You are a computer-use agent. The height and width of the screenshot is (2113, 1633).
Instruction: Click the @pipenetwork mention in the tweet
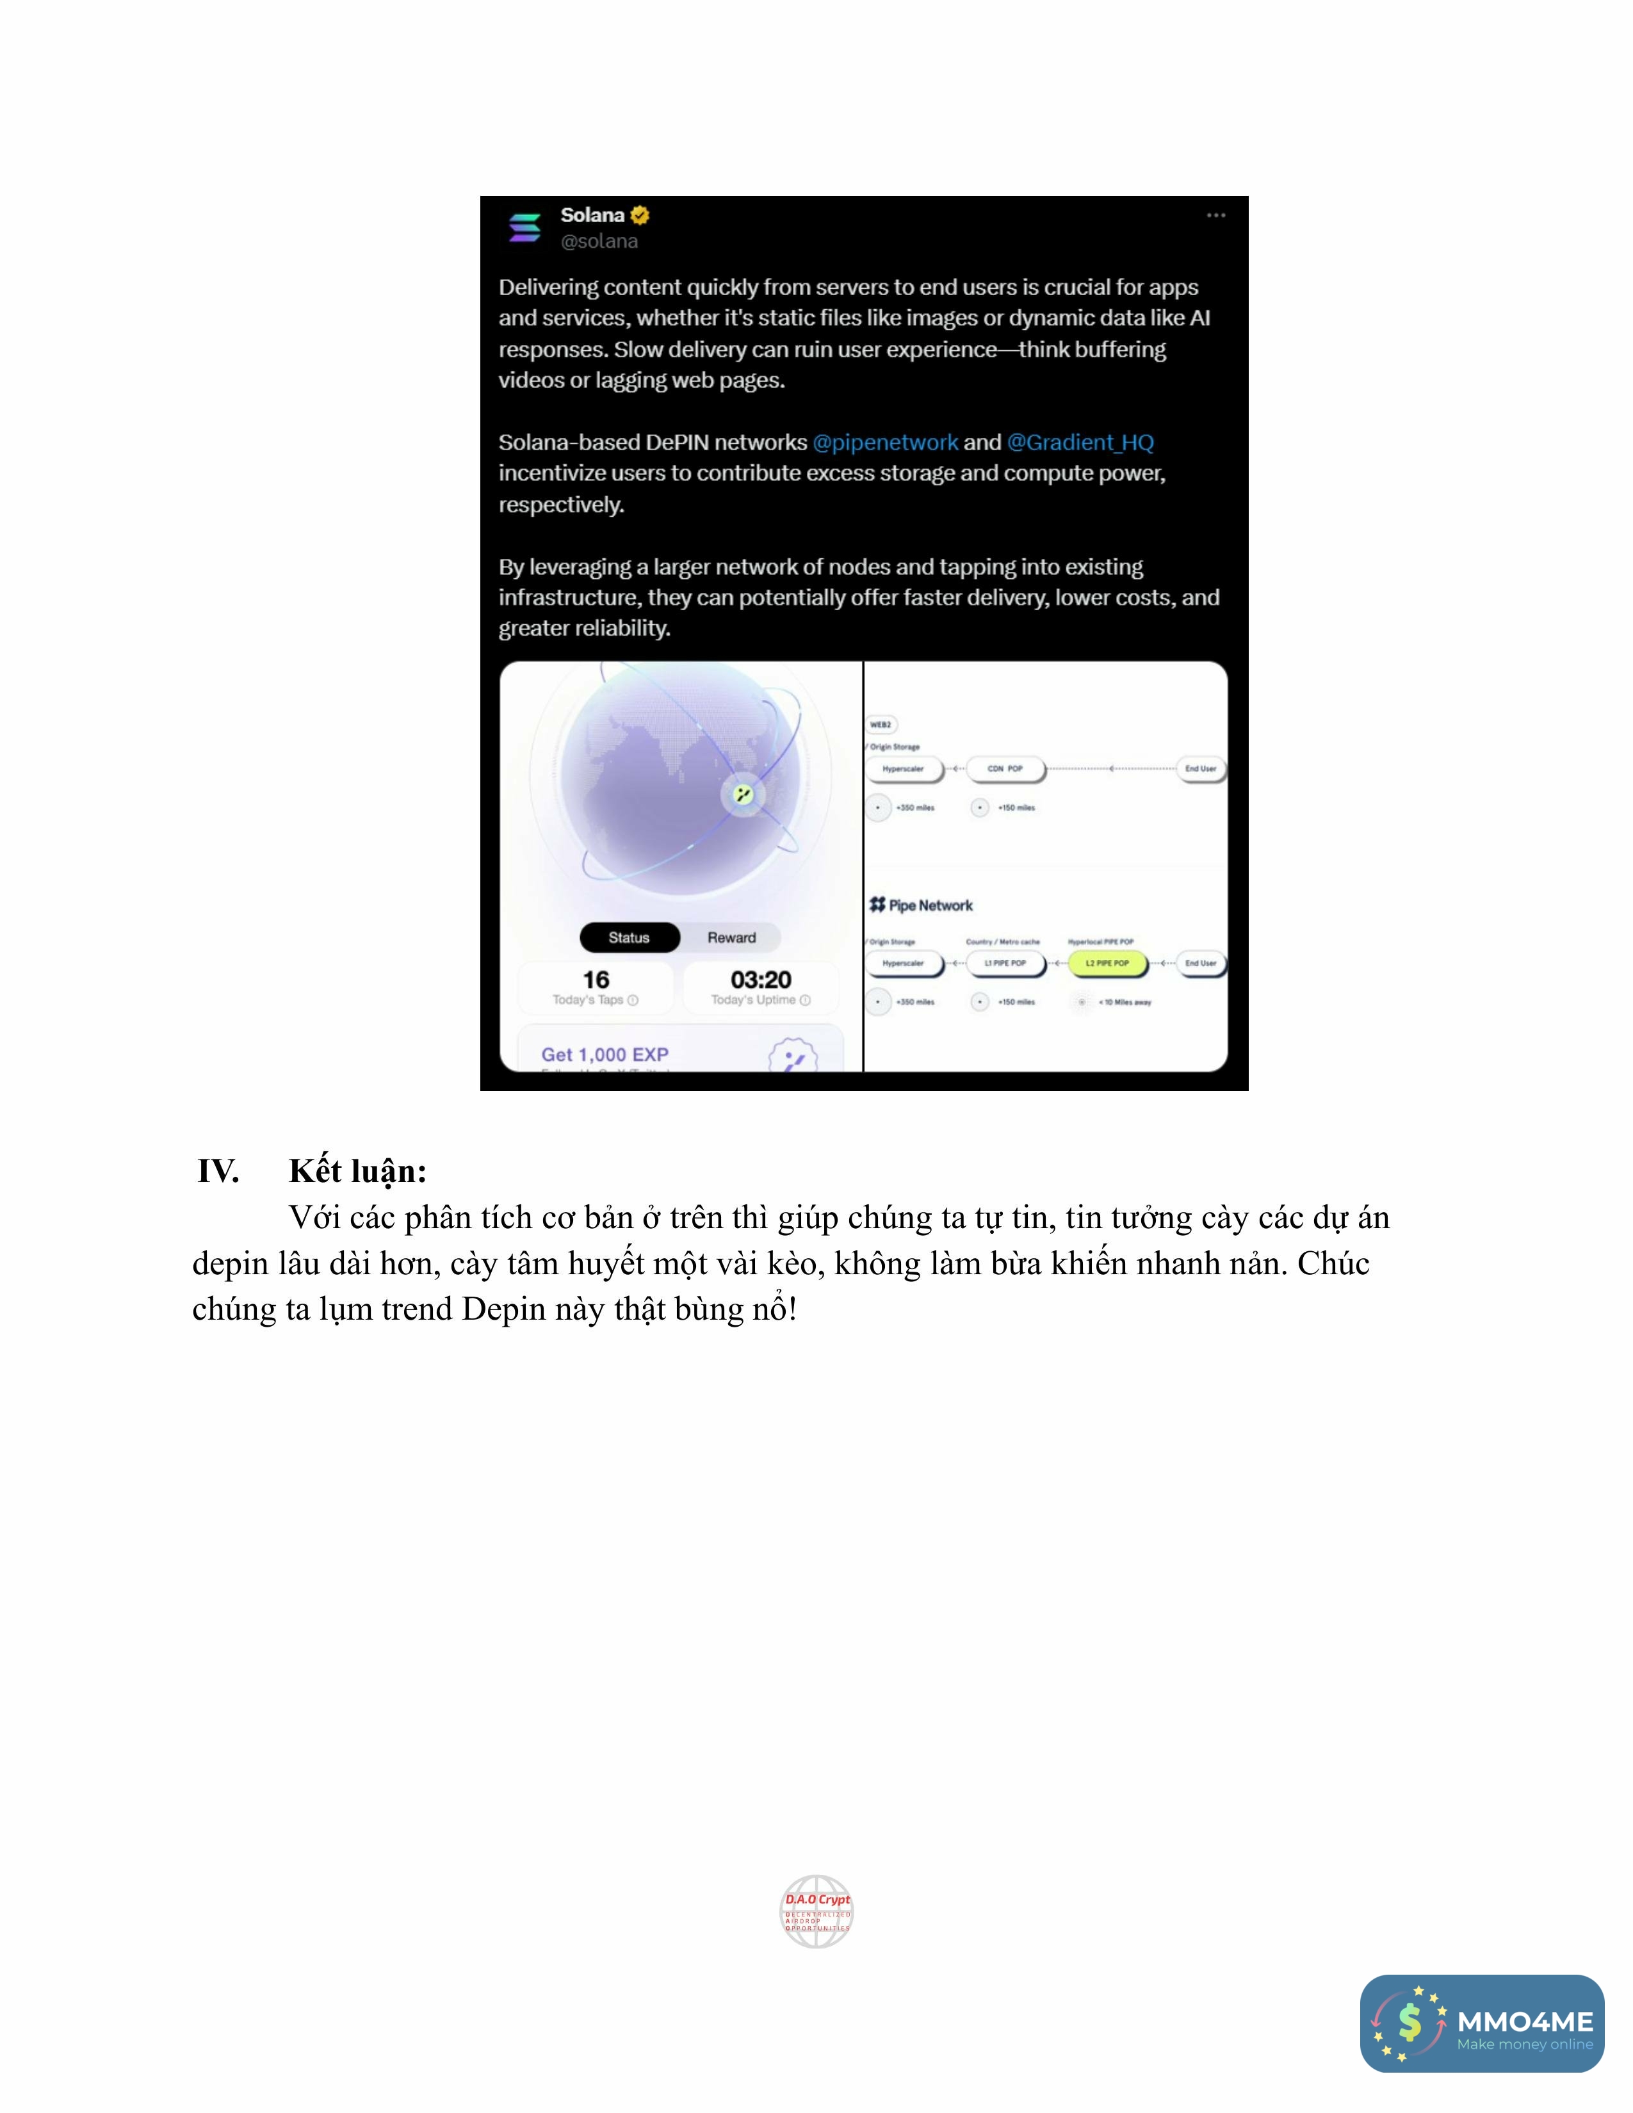pos(885,442)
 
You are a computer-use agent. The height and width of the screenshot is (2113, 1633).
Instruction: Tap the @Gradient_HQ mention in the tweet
pos(1080,442)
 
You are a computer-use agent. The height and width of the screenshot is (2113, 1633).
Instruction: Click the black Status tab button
pos(629,937)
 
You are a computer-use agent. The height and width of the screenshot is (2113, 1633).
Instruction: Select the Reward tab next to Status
pos(731,937)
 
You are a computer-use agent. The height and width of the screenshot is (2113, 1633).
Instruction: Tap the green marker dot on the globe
pos(743,795)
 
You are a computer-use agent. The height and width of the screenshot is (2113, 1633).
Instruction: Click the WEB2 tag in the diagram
pos(881,725)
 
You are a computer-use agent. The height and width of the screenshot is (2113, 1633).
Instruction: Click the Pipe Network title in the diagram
pos(922,905)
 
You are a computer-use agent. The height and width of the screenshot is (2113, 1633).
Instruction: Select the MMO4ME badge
pos(1482,2023)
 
